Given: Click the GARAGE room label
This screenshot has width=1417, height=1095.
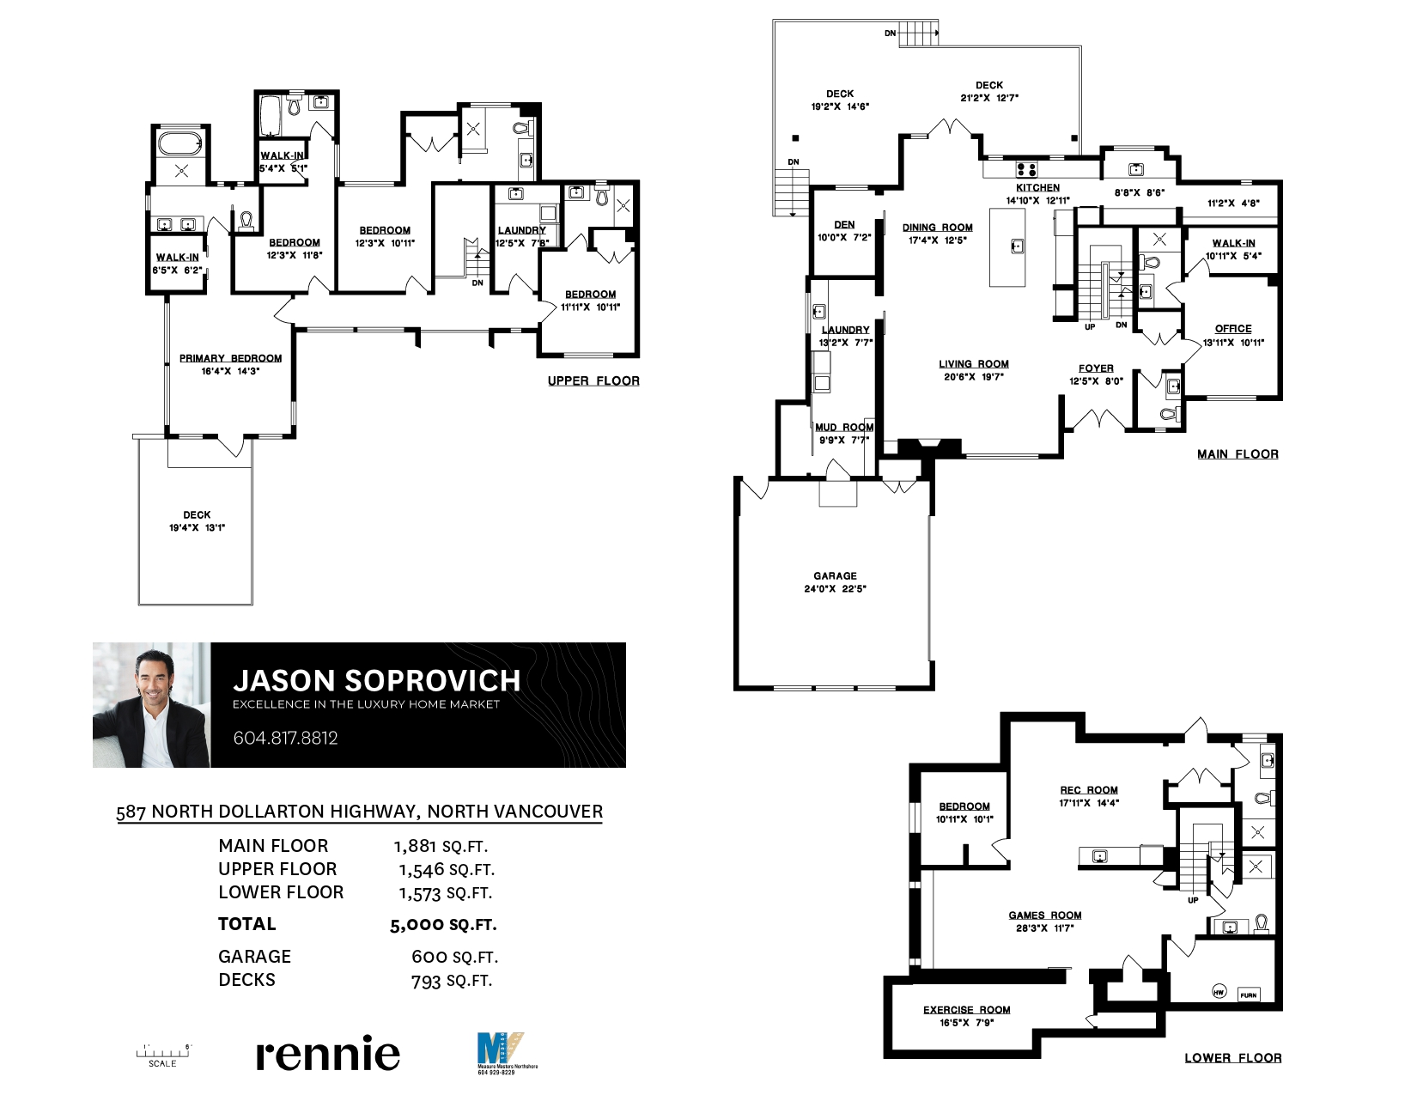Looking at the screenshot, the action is point(835,576).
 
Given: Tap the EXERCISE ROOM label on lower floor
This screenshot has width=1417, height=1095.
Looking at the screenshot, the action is point(966,1010).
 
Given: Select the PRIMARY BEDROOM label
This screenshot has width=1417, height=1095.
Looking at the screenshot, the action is point(230,359).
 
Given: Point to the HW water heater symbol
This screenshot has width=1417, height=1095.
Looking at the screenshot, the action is point(1219,992).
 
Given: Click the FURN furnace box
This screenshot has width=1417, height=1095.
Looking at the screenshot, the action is point(1248,995).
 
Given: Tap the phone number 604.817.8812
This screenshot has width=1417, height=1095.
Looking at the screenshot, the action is point(286,739).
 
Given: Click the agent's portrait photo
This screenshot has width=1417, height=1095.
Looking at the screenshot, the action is point(151,705).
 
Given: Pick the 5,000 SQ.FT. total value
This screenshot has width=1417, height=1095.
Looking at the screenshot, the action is point(443,925).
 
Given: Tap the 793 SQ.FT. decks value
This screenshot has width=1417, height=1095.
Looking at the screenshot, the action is point(452,981).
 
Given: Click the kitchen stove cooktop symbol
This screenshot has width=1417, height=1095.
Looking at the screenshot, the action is point(1026,170).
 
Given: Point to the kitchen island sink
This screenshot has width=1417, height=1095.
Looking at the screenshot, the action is point(1018,246).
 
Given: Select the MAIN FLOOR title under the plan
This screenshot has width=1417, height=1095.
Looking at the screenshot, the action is point(1238,454).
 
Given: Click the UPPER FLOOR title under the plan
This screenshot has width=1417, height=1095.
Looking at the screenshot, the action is point(593,380).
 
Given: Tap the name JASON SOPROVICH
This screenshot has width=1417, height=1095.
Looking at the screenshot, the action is point(377,681).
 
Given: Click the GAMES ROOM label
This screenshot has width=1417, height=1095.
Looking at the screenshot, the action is point(1044,916).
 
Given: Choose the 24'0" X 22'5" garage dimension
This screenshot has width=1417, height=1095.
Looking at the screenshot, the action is point(835,589).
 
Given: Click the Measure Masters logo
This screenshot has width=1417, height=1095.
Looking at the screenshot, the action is point(503,1053).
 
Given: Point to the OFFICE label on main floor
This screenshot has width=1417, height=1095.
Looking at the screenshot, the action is point(1233,329).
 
